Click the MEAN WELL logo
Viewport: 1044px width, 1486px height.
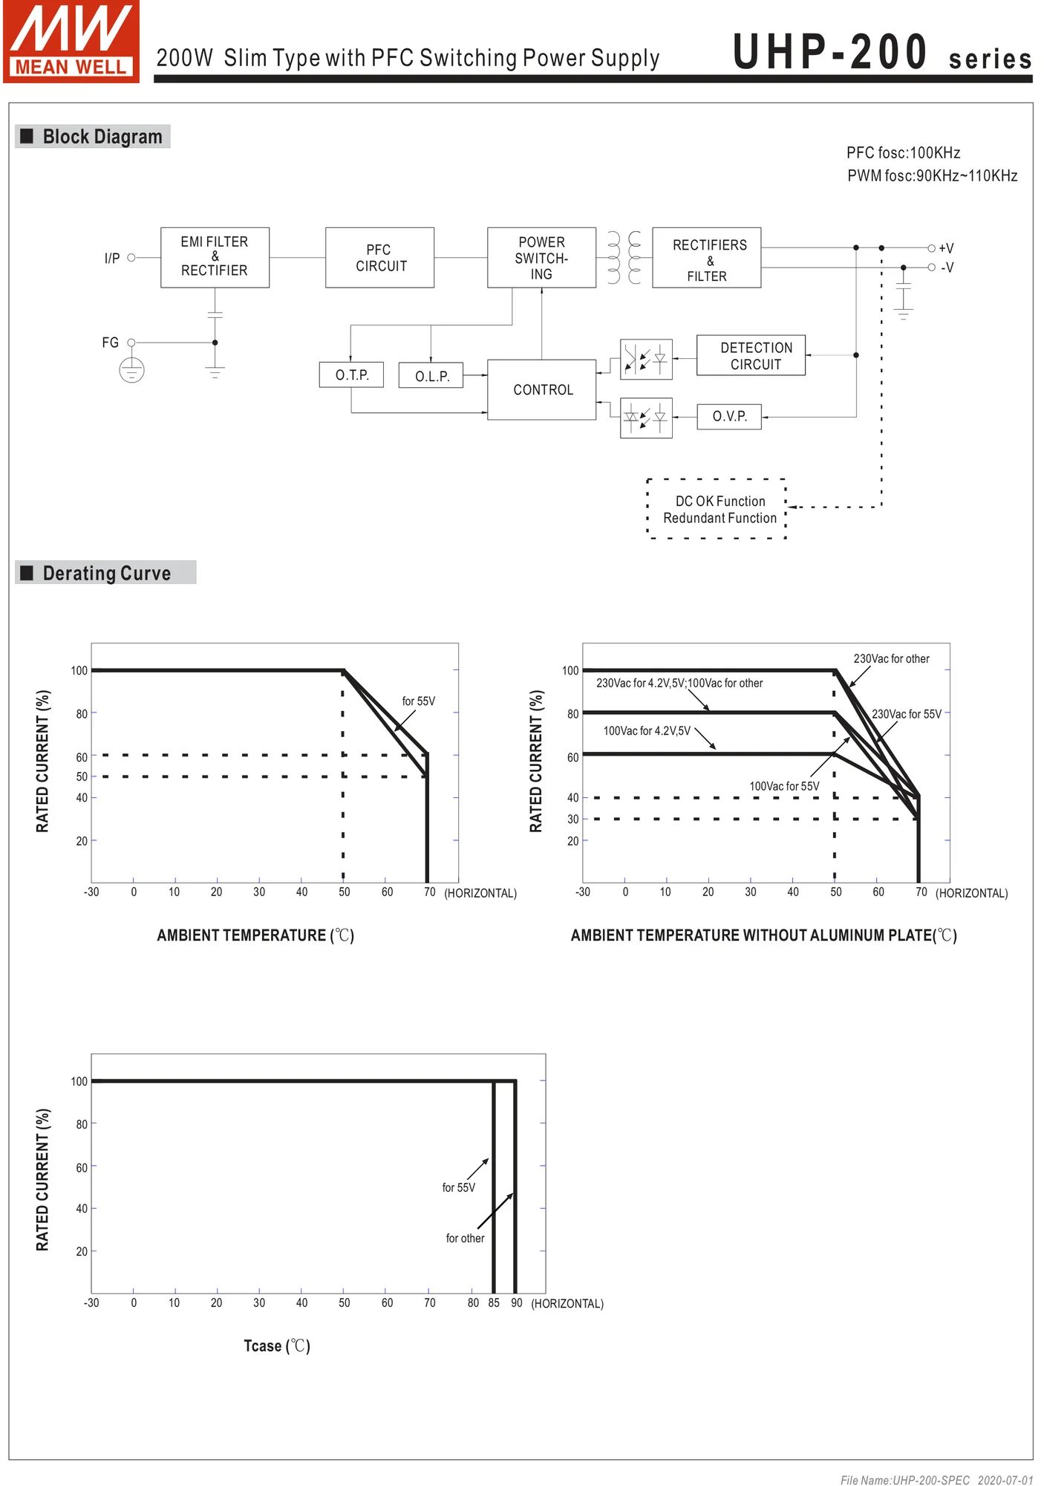point(71,42)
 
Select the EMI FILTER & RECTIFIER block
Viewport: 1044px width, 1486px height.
point(215,257)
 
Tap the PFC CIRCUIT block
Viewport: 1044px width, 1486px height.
point(379,258)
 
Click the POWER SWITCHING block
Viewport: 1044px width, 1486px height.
point(541,258)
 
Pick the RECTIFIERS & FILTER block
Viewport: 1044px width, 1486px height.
point(706,258)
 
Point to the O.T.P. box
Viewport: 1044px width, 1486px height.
point(351,375)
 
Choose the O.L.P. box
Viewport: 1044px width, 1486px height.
point(431,376)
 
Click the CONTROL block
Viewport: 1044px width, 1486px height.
point(541,390)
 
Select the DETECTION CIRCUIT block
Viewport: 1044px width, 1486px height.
point(751,356)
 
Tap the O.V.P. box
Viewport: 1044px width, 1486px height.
point(729,417)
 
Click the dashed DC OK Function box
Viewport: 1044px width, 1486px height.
point(717,510)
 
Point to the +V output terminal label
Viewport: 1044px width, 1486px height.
point(946,248)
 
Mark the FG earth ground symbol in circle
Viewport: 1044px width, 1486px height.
point(131,370)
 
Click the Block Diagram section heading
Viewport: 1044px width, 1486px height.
point(102,137)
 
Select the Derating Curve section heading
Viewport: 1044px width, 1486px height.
point(106,573)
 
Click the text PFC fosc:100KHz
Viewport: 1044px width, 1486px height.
point(903,153)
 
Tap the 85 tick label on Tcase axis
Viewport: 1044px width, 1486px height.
point(494,1303)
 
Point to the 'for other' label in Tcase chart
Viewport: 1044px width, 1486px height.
point(465,1239)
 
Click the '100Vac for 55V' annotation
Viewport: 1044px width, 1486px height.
point(784,786)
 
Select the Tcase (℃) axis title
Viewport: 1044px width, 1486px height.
point(277,1346)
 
